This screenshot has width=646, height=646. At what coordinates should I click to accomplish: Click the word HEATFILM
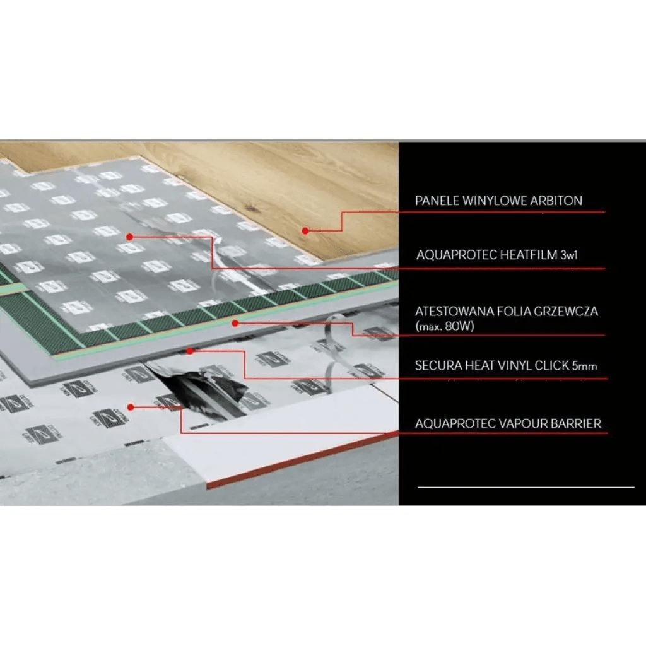click(526, 255)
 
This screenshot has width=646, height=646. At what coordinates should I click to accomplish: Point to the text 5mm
click(584, 367)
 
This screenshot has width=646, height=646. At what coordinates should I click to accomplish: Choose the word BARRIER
click(575, 423)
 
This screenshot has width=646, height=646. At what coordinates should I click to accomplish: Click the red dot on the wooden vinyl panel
click(305, 231)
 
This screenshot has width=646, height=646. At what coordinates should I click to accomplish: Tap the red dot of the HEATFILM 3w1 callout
click(129, 237)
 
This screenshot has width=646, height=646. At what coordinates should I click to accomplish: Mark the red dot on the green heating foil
click(234, 323)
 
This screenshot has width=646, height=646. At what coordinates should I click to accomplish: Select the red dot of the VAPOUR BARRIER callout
click(130, 407)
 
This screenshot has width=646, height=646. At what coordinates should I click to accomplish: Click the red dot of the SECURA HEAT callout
click(189, 351)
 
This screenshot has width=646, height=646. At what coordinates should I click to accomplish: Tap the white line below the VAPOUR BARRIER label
click(526, 487)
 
